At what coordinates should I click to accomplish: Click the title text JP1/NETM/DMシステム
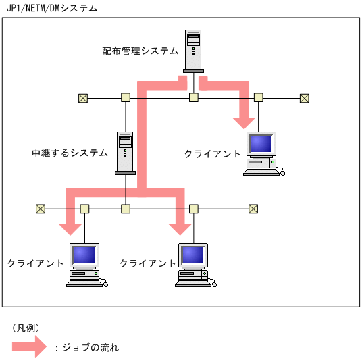[51, 9]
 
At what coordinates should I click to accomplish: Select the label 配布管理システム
[140, 51]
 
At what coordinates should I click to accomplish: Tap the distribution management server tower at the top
[193, 51]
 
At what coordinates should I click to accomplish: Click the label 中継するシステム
[70, 153]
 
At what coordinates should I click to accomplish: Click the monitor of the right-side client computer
[261, 144]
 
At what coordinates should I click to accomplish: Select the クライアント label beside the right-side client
[212, 154]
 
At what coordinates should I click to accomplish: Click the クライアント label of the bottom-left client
[35, 263]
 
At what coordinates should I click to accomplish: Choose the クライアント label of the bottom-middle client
[147, 263]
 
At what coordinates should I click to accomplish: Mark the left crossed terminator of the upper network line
[83, 98]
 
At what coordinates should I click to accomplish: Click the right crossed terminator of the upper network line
[304, 98]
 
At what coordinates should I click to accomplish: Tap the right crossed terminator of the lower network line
[253, 209]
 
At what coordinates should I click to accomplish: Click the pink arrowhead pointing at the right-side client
[243, 120]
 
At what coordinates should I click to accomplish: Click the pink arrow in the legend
[29, 347]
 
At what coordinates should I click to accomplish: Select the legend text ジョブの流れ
[90, 348]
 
